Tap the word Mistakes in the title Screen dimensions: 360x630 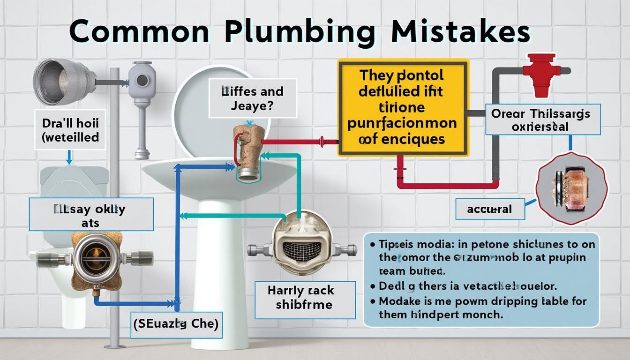[x=461, y=33]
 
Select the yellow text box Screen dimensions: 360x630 [x=403, y=107]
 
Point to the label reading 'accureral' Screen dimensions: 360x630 [x=489, y=209]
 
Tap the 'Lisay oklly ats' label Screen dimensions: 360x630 [x=91, y=215]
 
